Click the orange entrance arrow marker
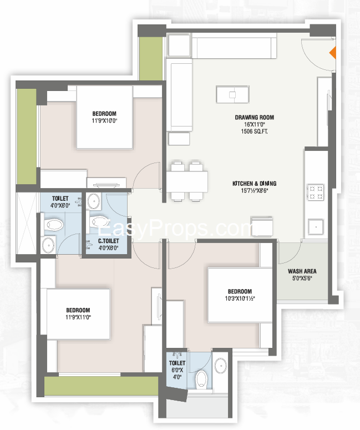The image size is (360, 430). tap(333, 53)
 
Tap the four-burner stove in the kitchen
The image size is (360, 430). tap(316, 192)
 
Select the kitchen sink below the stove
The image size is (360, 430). tap(316, 227)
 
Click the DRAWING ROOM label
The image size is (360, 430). tap(254, 118)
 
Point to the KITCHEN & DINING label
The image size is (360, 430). tap(254, 184)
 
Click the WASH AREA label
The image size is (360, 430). tap(302, 271)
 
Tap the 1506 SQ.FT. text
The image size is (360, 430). tap(254, 131)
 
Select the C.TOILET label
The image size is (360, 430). tap(109, 241)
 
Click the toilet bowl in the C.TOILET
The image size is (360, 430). tap(99, 221)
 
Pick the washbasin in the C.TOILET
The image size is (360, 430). tap(94, 200)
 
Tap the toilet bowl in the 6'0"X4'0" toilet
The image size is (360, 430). tap(201, 379)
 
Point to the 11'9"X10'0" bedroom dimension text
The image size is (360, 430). tap(104, 120)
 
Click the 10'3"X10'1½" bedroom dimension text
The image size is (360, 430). tap(240, 299)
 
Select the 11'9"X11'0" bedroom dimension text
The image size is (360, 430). tap(78, 317)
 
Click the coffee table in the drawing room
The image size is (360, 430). tap(232, 94)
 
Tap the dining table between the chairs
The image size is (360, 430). tap(187, 182)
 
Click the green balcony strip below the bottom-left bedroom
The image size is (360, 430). tap(101, 386)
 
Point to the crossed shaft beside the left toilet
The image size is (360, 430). tap(26, 223)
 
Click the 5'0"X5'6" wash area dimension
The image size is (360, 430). tap(302, 278)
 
